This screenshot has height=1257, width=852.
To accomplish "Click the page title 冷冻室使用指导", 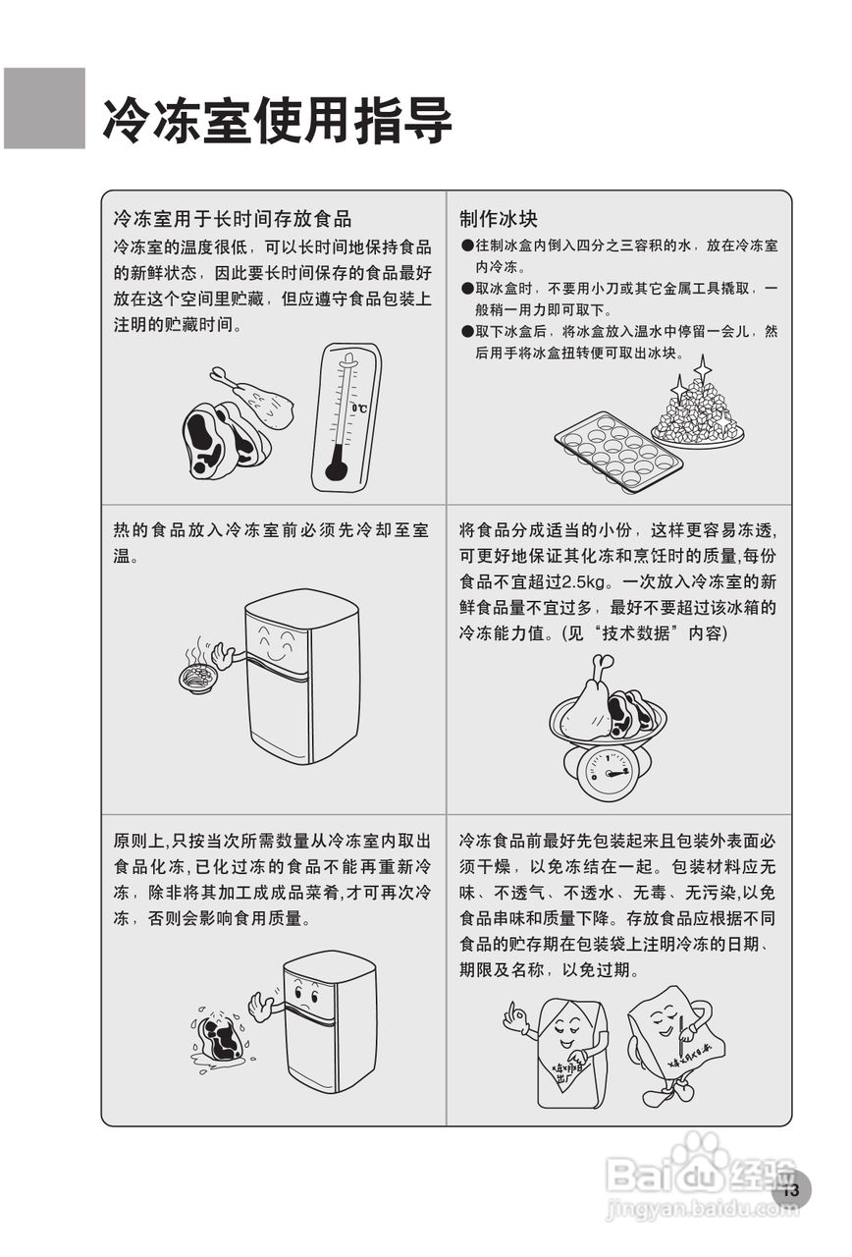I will (x=277, y=121).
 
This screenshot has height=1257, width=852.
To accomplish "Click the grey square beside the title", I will (x=44, y=108).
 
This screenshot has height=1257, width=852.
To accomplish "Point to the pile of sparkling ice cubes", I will (x=699, y=412).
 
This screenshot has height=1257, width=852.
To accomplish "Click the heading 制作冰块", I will (x=499, y=218).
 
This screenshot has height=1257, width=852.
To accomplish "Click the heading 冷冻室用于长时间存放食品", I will (x=233, y=218).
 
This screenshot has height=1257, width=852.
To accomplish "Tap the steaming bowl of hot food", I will (x=198, y=676).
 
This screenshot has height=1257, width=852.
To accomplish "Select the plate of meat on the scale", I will (x=608, y=709).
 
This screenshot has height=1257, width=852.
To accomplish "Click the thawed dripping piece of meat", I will (x=221, y=1036).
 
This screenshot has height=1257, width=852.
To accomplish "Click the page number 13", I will (x=792, y=1191).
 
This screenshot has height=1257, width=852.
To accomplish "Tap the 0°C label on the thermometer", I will (x=360, y=408).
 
